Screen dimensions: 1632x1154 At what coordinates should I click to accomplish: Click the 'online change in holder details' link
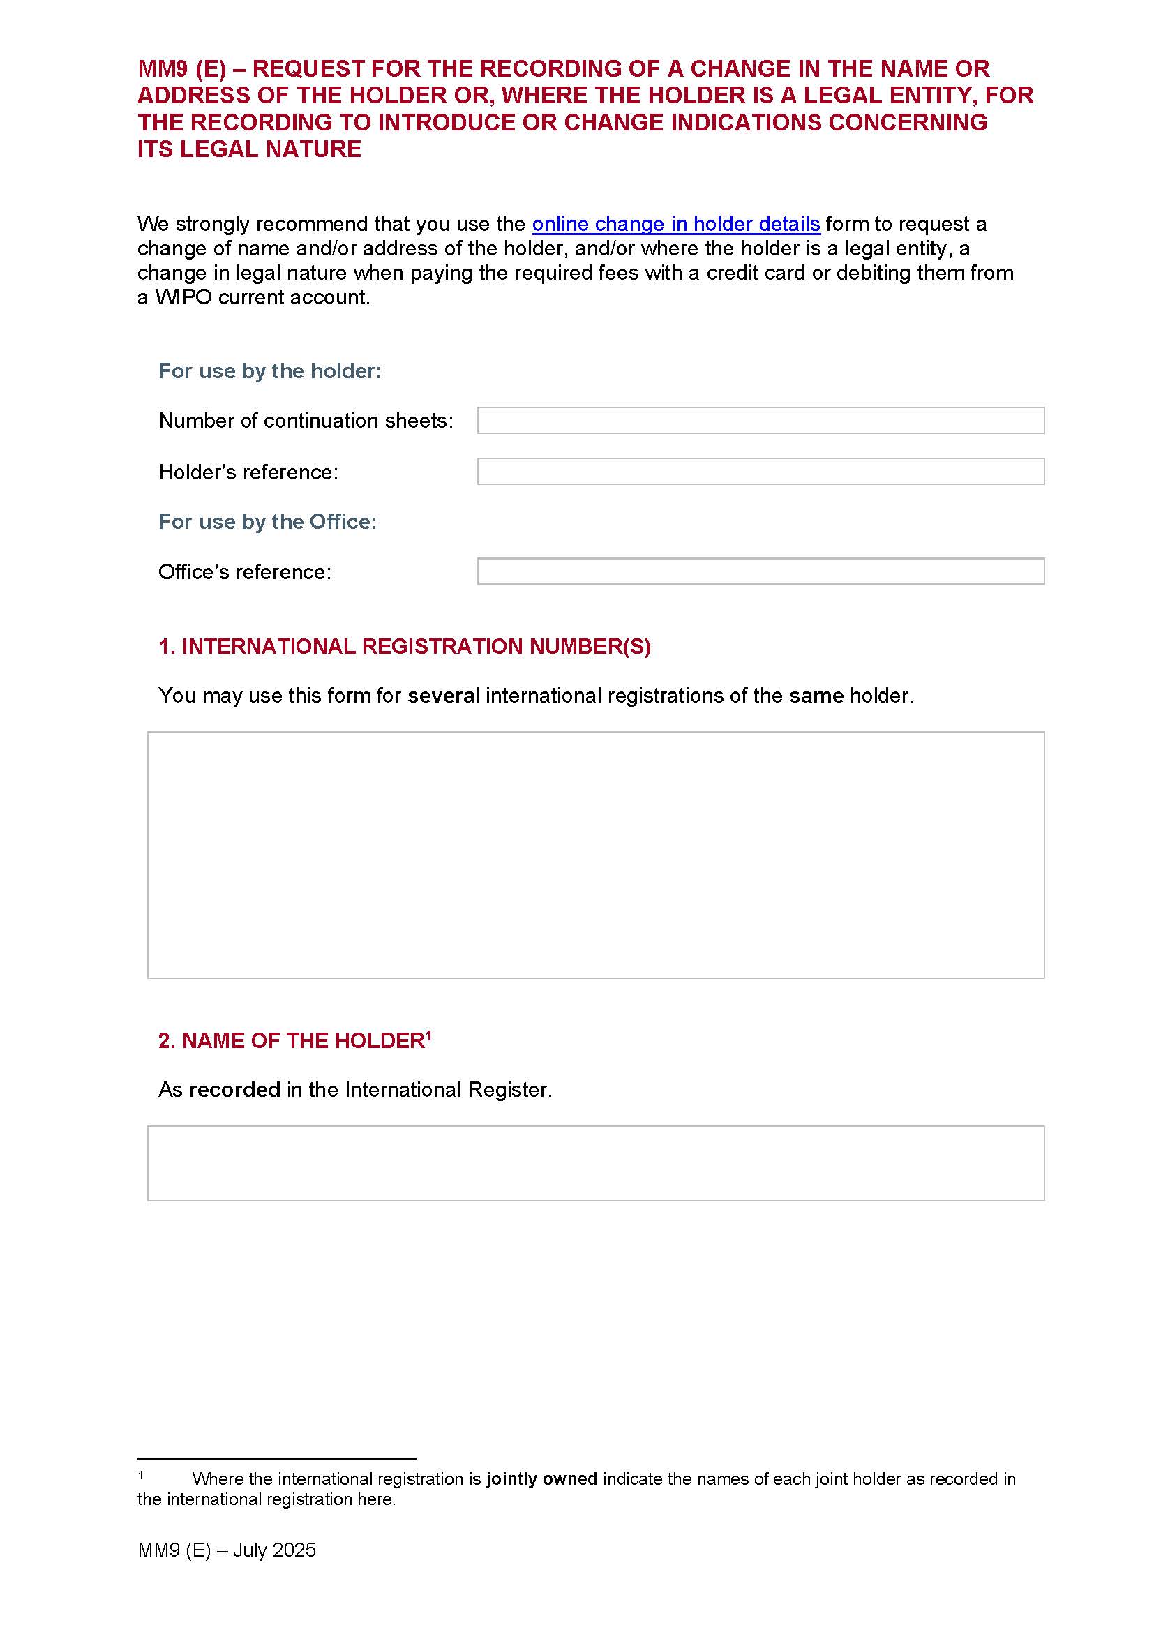point(676,224)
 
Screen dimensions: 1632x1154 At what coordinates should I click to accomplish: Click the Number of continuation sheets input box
point(760,420)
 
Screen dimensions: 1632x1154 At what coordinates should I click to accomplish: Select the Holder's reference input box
point(760,471)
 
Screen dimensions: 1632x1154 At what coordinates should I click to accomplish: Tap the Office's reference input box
point(760,571)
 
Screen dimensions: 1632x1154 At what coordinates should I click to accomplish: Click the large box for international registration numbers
point(595,855)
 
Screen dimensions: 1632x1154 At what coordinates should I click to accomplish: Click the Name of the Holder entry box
point(595,1163)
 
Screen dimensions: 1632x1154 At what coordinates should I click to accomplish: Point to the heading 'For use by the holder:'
point(269,371)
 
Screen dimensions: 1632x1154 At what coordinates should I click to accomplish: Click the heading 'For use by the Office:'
point(267,522)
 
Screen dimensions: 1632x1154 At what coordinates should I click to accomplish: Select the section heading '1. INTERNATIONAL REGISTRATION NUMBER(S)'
point(405,646)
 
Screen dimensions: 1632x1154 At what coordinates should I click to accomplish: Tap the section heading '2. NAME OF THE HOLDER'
point(291,1040)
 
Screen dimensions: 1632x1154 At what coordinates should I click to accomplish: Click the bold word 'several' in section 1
point(444,695)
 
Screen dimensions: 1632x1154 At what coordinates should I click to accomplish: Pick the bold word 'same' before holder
point(816,695)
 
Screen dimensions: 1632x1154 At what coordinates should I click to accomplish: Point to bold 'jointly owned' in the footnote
point(541,1478)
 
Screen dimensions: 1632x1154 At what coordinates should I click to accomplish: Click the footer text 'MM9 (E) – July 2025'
point(227,1550)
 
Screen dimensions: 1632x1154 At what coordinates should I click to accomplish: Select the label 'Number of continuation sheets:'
point(306,421)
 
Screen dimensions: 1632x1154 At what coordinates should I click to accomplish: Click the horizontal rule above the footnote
point(276,1458)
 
